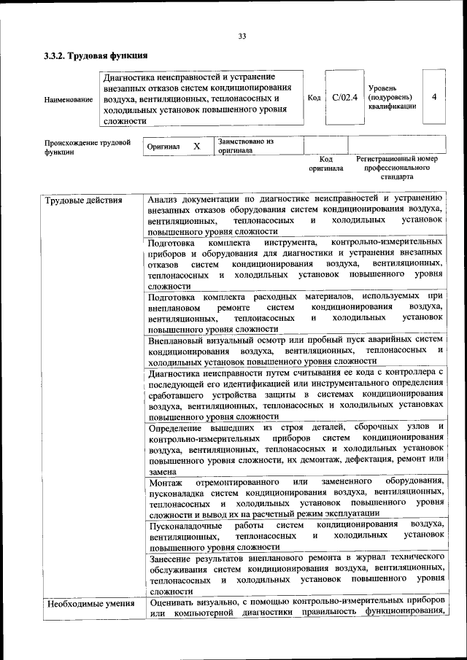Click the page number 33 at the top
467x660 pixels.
242,36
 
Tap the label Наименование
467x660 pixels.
68,99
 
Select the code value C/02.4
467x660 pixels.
344,97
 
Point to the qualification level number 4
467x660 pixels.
434,96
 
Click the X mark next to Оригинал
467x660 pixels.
196,146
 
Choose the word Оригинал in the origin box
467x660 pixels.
163,147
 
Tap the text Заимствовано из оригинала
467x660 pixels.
244,146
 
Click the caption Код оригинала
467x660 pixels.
325,163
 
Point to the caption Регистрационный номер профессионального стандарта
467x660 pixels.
396,167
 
